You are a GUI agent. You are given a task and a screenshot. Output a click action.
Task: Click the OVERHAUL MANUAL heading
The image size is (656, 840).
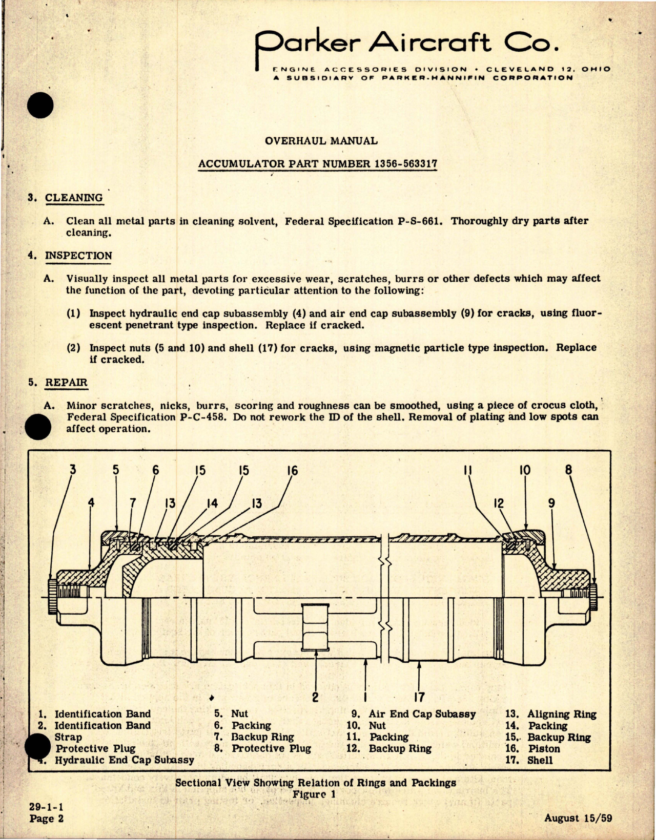tap(321, 140)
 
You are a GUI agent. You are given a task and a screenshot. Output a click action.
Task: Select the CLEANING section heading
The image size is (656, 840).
tap(73, 198)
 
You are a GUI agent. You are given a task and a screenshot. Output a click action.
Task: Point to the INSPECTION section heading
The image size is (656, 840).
tap(78, 256)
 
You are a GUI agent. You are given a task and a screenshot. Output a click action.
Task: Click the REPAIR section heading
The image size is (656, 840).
tap(66, 383)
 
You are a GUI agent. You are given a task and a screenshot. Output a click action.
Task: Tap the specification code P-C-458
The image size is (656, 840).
tap(202, 417)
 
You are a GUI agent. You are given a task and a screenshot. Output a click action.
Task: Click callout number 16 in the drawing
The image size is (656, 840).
tap(292, 471)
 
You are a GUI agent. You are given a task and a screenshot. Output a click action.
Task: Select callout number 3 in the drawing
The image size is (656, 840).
tap(73, 469)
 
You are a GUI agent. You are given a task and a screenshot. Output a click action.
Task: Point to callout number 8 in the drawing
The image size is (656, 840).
tap(568, 470)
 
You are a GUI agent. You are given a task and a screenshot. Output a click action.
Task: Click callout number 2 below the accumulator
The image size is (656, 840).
tap(315, 697)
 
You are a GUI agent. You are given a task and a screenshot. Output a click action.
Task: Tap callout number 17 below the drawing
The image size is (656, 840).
tap(419, 697)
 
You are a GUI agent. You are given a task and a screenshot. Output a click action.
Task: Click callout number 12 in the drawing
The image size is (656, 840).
tap(498, 503)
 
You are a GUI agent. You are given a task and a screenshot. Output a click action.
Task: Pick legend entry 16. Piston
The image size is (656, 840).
tap(533, 749)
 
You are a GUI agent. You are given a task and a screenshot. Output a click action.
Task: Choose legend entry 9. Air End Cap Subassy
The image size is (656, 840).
tap(414, 714)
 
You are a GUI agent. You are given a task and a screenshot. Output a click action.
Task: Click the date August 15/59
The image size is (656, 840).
tap(578, 818)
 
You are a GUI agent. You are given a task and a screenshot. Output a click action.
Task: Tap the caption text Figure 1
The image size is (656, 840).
tap(314, 794)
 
